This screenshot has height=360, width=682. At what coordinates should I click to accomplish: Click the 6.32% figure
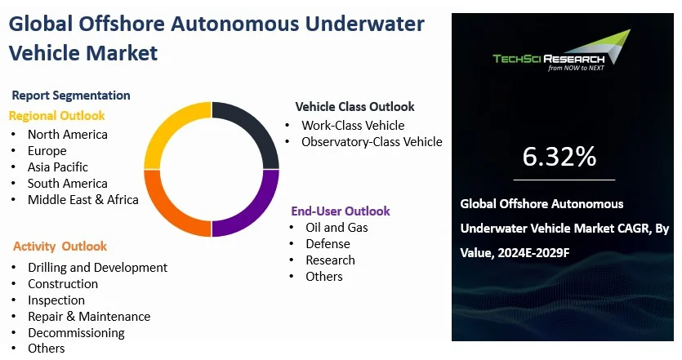pos(559,157)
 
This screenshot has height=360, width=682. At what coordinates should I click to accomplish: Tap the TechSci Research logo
pos(561,51)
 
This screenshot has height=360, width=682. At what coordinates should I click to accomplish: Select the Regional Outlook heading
pos(57,116)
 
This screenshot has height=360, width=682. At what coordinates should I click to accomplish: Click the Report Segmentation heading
pos(71,96)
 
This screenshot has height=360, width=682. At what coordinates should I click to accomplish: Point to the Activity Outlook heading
pos(60,246)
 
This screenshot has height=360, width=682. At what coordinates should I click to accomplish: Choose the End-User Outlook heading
pos(341,211)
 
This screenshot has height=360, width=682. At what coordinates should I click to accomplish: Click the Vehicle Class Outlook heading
pos(355,106)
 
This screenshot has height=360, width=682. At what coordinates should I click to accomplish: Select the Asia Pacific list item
pos(58,167)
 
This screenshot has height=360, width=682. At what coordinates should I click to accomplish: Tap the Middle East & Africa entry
pos(83,199)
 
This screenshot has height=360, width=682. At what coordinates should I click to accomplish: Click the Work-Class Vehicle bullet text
pos(353,125)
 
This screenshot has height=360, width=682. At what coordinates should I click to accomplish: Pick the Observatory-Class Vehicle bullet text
pos(372,142)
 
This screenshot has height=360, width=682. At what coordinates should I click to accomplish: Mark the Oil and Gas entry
pos(337,228)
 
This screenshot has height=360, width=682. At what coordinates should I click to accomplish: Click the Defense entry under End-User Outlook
pos(328,244)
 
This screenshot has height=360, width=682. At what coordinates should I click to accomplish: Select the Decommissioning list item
pos(76,332)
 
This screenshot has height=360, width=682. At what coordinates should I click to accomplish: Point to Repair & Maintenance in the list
pos(89,317)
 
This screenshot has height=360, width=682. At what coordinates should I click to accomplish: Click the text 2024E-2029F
pos(533,252)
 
